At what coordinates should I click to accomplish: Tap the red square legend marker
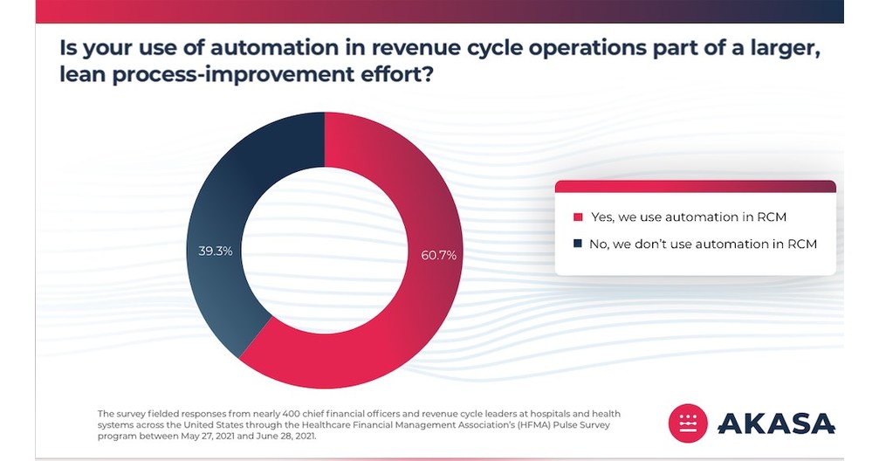click(x=577, y=217)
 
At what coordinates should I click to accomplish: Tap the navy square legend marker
click(x=577, y=244)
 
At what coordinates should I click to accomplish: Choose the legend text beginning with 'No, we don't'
click(x=703, y=244)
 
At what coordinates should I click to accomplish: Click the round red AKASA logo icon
click(x=688, y=423)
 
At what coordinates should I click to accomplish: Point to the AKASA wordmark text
click(x=776, y=424)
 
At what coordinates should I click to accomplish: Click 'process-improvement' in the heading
click(x=226, y=76)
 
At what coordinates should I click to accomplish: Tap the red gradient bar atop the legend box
click(x=695, y=186)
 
